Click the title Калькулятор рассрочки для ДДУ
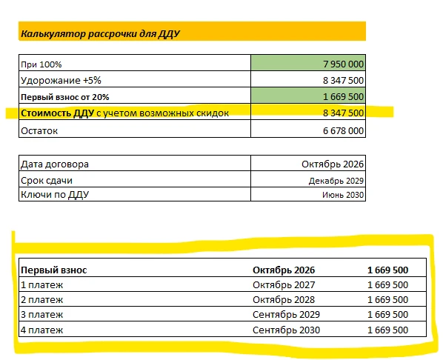click(x=100, y=33)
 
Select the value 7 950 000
click(x=343, y=64)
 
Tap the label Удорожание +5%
click(x=61, y=81)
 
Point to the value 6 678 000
click(x=343, y=131)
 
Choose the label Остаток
click(x=39, y=131)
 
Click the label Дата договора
click(x=55, y=164)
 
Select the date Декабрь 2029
click(x=336, y=181)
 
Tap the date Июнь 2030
click(x=343, y=195)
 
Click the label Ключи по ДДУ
click(x=55, y=195)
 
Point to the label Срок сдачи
click(x=47, y=181)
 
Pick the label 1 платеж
click(x=41, y=285)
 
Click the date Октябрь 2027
click(x=284, y=285)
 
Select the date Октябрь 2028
click(x=284, y=300)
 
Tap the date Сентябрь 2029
click(x=286, y=315)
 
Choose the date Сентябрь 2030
click(x=286, y=330)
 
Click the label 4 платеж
click(x=41, y=330)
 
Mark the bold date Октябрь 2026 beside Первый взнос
click(x=284, y=270)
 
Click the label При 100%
click(x=41, y=64)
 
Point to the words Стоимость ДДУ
click(x=57, y=113)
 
